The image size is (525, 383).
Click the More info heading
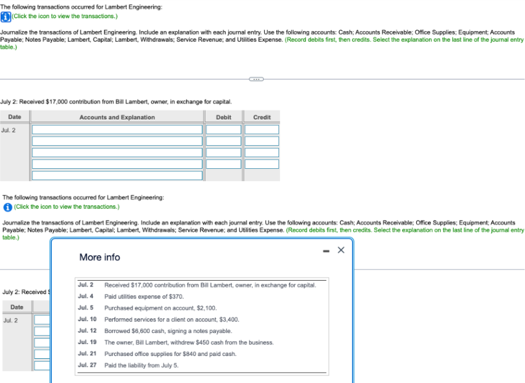(x=99, y=257)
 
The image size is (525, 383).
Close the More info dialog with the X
(x=340, y=250)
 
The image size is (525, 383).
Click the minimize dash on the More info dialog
(x=325, y=250)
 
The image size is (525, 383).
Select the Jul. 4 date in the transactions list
(x=85, y=297)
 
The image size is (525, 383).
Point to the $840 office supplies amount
(x=184, y=354)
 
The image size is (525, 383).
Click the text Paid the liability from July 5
(x=141, y=365)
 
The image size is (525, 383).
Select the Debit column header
(x=224, y=117)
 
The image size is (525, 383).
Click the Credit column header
(x=262, y=117)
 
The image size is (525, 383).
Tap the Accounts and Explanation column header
(x=117, y=117)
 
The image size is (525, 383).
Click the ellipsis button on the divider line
(x=257, y=79)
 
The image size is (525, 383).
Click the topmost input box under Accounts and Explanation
(x=117, y=129)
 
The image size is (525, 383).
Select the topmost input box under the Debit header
(x=224, y=129)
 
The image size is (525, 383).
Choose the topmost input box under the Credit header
(x=262, y=129)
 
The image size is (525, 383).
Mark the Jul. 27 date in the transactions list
(x=87, y=365)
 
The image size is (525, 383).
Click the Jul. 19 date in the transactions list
(x=87, y=342)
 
